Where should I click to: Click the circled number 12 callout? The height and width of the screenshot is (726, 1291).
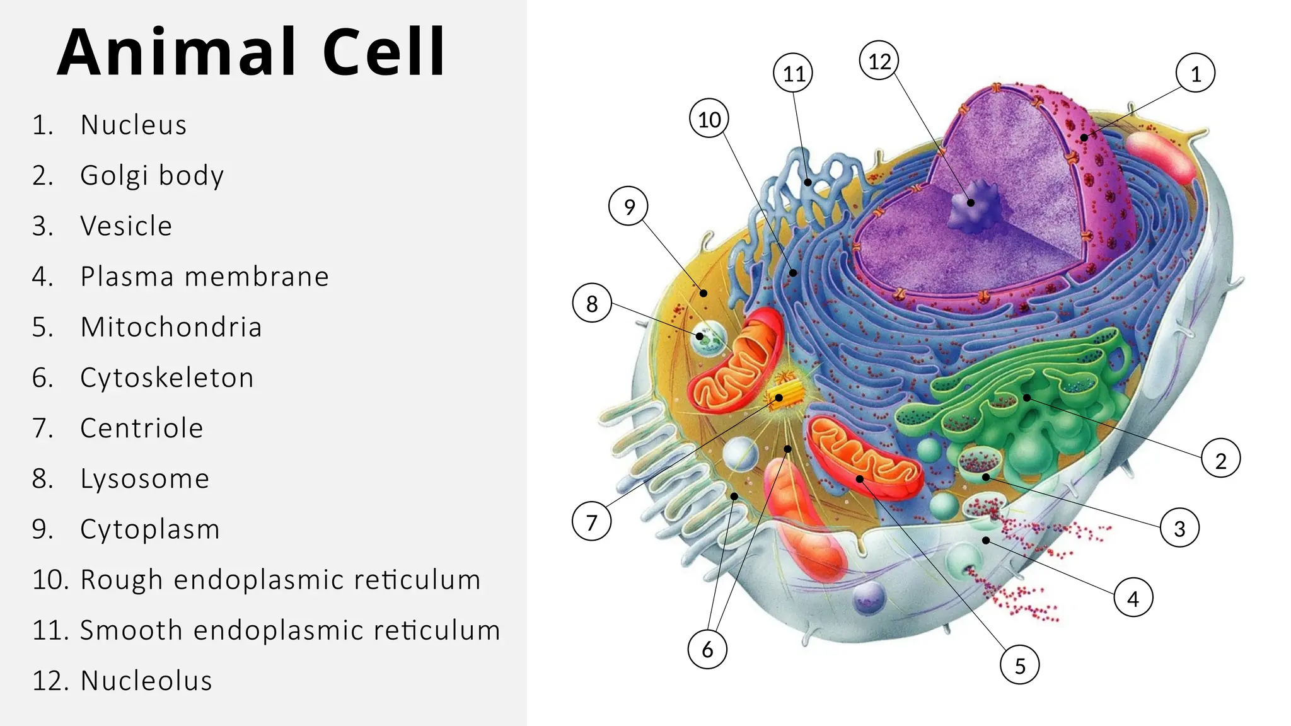(879, 60)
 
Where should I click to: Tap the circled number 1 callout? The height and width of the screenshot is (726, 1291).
(1195, 74)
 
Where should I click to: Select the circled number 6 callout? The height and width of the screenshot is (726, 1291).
(707, 649)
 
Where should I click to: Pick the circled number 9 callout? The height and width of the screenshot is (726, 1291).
(628, 206)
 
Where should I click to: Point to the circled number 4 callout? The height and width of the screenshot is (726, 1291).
(1133, 598)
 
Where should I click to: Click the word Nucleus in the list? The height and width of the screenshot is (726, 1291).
(134, 125)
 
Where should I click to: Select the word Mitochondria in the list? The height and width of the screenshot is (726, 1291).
(171, 327)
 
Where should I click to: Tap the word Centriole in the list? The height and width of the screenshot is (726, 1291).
(142, 429)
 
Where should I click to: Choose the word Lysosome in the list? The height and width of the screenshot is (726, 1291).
(144, 479)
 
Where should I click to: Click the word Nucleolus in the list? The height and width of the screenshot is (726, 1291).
(146, 681)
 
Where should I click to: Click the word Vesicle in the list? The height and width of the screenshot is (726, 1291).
(126, 226)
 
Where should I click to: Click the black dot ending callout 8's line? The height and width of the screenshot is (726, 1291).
(700, 336)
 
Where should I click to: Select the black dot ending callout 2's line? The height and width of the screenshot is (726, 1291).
(1027, 398)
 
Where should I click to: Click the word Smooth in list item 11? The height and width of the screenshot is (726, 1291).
(131, 630)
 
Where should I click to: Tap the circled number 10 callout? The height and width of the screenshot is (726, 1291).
(709, 119)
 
